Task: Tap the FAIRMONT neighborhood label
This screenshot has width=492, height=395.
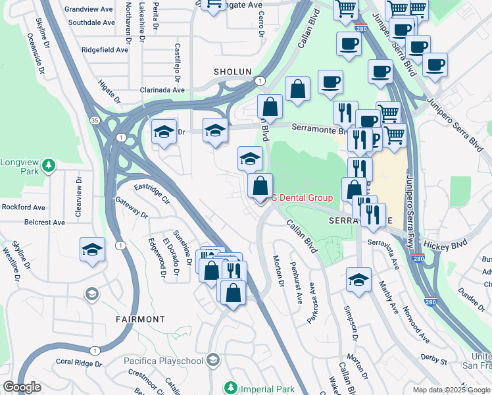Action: [x=141, y=319]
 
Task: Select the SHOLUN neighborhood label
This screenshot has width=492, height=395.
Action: [x=233, y=72]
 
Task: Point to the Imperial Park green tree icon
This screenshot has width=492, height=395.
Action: [x=230, y=388]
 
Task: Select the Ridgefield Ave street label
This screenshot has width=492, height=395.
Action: [x=105, y=50]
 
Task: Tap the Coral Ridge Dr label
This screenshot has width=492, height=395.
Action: [x=78, y=363]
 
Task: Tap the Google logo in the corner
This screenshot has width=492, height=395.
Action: [x=22, y=387]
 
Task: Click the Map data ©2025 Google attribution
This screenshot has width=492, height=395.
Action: [x=451, y=390]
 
